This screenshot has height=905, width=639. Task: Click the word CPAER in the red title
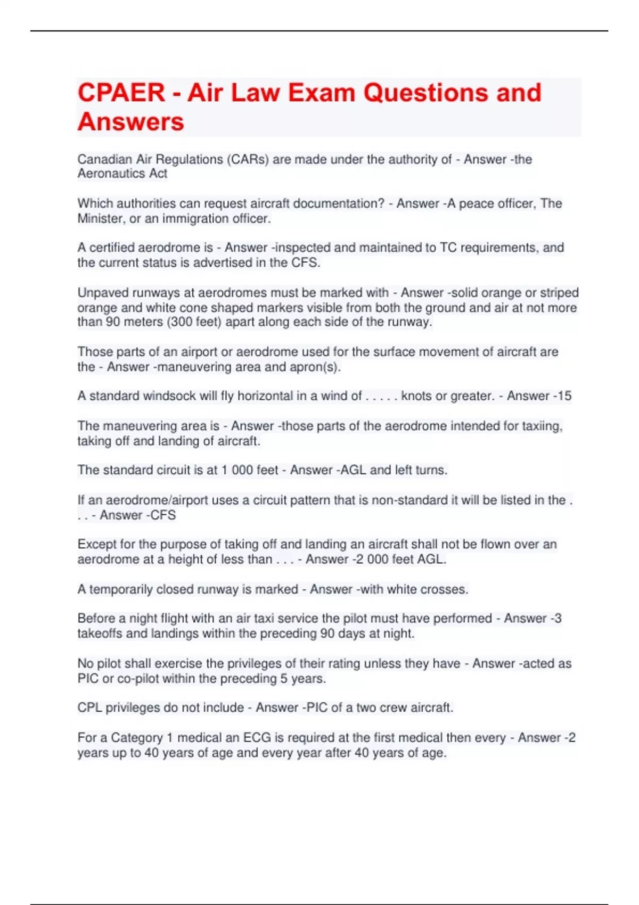(121, 93)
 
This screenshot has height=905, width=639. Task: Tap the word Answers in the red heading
(131, 121)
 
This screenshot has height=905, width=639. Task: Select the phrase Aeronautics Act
(122, 174)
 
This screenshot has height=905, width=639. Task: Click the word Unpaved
(102, 293)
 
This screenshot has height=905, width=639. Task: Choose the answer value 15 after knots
(564, 396)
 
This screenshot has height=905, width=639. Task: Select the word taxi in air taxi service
(266, 619)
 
